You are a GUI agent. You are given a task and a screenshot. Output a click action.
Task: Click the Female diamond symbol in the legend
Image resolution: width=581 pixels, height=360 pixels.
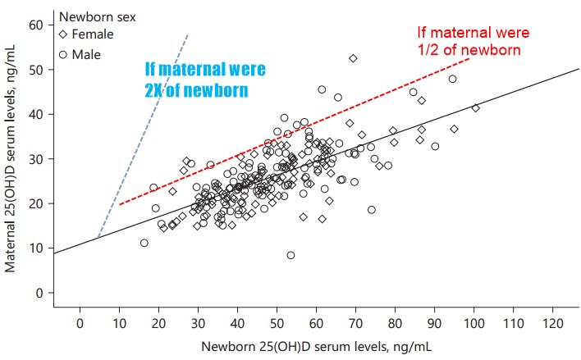click(65, 34)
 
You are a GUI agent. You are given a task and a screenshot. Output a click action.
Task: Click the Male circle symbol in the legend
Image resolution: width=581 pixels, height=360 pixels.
click(65, 54)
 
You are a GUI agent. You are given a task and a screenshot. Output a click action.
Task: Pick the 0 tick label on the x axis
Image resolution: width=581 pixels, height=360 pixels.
click(80, 321)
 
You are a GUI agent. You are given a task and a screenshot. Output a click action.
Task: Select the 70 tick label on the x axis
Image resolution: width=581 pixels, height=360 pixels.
click(355, 321)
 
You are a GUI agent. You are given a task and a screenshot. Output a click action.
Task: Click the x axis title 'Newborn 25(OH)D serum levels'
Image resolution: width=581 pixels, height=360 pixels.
click(315, 345)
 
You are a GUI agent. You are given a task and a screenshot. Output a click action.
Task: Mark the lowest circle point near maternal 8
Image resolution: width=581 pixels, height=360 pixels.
click(290, 255)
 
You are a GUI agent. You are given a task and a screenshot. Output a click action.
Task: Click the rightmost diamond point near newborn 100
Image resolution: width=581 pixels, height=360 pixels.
click(475, 108)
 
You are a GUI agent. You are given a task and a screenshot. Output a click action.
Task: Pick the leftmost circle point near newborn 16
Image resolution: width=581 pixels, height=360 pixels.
click(144, 243)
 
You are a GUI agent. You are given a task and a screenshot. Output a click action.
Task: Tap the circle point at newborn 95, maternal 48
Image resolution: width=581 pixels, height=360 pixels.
click(452, 79)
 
